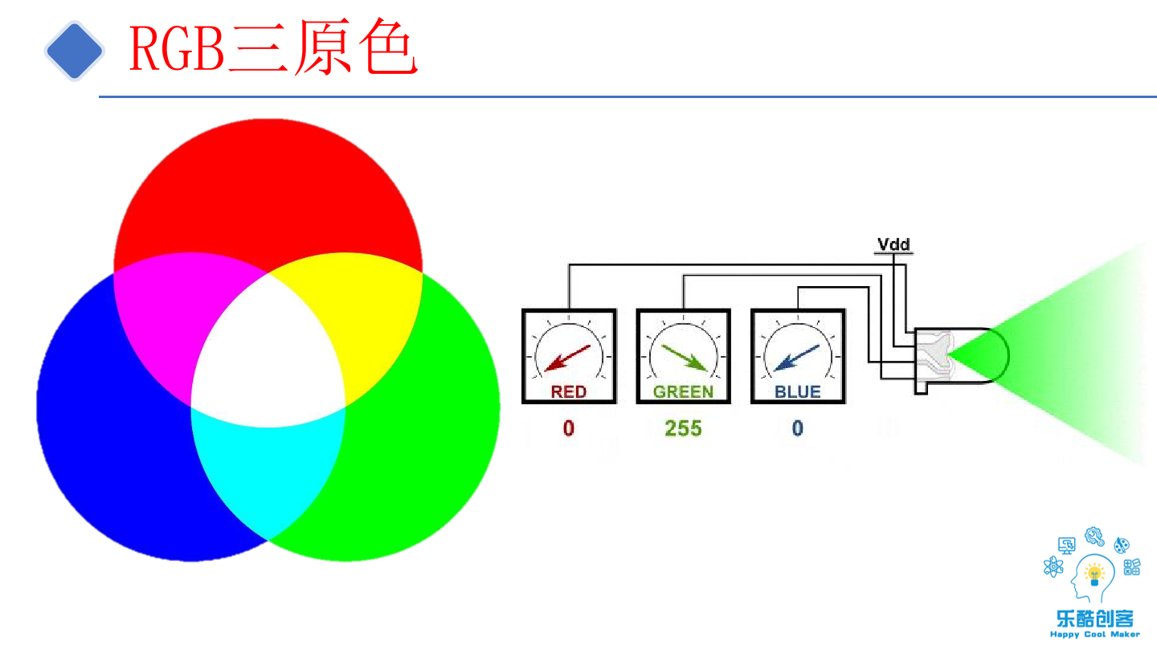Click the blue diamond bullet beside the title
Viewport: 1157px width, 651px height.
74,51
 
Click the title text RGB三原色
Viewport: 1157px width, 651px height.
273,50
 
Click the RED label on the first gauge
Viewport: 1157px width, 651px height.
569,392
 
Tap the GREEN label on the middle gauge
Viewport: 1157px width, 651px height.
683,392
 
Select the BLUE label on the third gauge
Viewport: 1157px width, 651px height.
797,392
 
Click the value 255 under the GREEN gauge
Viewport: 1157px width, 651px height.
683,428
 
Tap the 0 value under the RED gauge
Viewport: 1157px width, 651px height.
569,428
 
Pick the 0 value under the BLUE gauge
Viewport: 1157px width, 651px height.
797,428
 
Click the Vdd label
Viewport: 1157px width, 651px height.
893,244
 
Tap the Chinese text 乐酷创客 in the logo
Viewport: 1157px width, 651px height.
1094,618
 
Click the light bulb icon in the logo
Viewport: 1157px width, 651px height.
1094,574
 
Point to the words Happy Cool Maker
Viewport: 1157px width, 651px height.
1094,634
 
